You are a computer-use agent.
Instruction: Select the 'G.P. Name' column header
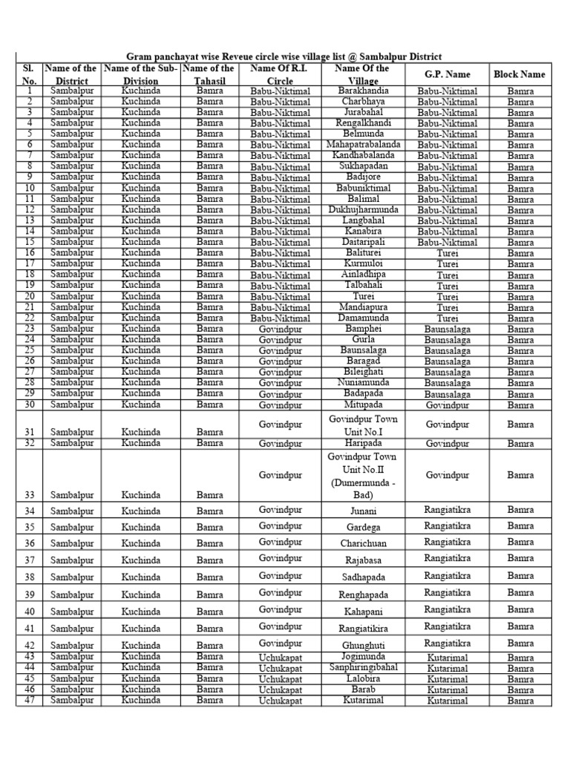447,75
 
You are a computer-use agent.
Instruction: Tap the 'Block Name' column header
519,74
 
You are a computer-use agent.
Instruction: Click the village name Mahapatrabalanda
363,145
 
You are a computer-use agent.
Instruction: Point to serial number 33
30,494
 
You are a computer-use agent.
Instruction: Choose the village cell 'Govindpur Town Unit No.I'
363,425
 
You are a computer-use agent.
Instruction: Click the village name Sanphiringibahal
363,667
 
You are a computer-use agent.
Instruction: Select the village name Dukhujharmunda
363,209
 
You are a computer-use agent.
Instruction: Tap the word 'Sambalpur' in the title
376,57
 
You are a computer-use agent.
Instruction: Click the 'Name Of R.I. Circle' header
280,74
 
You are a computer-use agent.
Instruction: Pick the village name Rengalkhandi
363,123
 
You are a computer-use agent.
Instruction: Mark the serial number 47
30,700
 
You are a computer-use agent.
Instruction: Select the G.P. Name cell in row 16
447,253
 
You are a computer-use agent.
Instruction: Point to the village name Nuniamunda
363,382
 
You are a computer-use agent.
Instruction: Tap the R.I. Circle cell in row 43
280,658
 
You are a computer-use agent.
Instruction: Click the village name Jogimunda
363,657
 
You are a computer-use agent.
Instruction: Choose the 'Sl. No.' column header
30,74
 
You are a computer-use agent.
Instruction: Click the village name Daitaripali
363,242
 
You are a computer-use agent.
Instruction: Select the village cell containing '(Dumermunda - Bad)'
363,488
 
